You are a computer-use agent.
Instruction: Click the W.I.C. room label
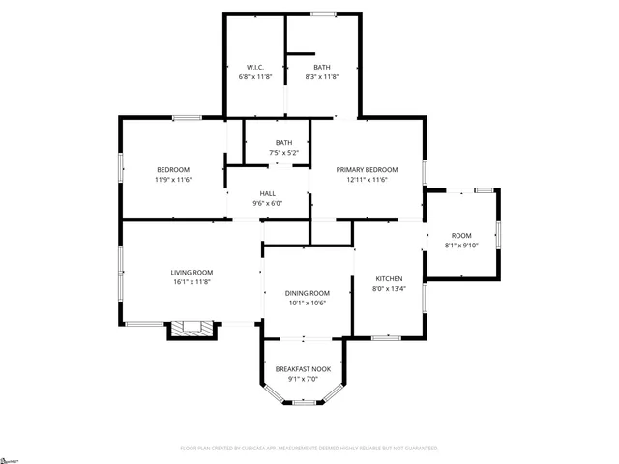point(254,67)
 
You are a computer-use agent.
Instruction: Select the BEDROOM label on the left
point(173,169)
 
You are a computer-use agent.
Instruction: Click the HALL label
point(267,193)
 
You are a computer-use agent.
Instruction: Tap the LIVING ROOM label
point(192,272)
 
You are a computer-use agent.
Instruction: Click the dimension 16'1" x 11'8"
point(192,281)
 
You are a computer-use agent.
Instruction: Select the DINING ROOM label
point(307,293)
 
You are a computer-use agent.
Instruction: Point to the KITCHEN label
point(388,278)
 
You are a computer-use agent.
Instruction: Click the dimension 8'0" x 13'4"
point(388,288)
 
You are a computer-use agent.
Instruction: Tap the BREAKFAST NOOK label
point(303,369)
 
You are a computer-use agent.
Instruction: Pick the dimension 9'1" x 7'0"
point(303,379)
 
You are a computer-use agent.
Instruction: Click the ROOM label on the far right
point(461,235)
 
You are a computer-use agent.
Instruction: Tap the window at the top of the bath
point(323,14)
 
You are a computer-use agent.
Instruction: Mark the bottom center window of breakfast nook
point(304,402)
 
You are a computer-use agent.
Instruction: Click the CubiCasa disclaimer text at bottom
point(309,449)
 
